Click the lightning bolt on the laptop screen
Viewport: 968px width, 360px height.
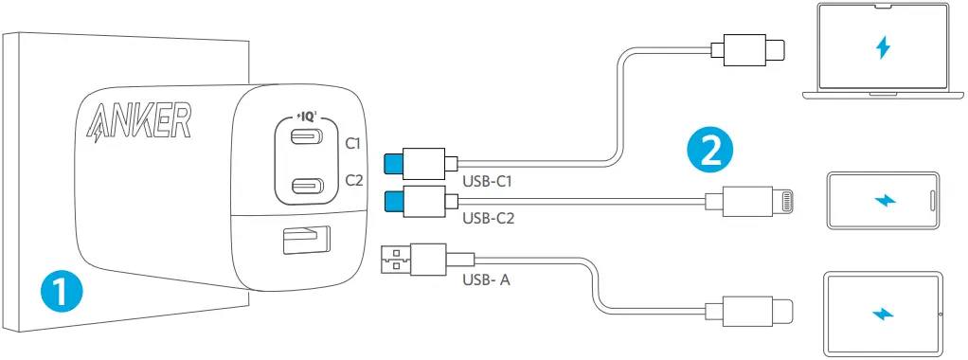point(883,47)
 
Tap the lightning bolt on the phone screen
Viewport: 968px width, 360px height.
point(883,200)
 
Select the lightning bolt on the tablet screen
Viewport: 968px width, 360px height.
point(883,313)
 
